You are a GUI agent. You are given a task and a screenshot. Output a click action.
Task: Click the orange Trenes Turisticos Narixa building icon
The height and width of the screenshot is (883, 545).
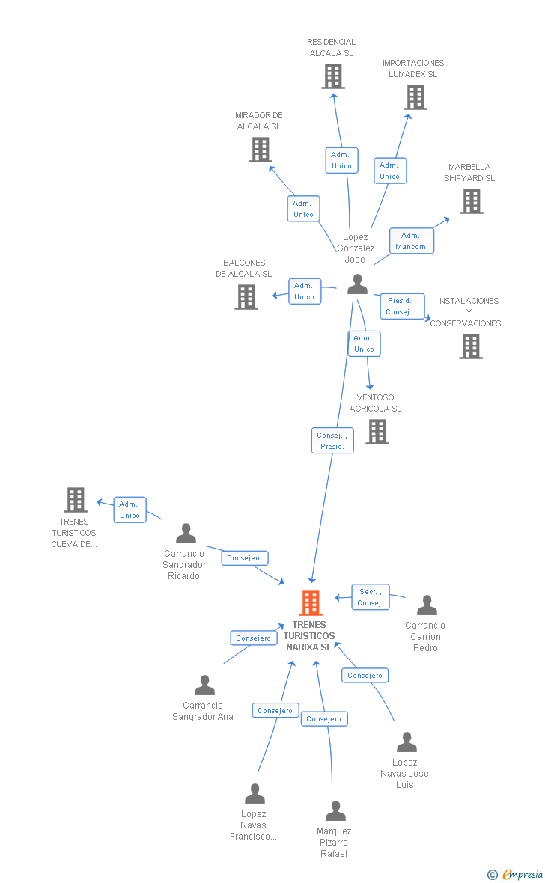[311, 602]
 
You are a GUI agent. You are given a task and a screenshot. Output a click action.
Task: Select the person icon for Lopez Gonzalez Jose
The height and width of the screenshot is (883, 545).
[357, 284]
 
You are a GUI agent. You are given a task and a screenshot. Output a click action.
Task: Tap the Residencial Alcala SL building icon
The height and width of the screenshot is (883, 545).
[332, 76]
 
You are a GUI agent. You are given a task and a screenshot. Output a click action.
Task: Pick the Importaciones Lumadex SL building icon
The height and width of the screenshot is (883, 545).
[415, 97]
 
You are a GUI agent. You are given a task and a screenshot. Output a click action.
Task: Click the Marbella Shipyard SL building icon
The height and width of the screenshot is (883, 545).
[471, 201]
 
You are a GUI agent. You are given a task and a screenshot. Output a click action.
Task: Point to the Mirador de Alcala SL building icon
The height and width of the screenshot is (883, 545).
[260, 150]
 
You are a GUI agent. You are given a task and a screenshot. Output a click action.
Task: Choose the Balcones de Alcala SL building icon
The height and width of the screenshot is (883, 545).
[246, 297]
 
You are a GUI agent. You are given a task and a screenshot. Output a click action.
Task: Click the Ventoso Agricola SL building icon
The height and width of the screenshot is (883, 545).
[377, 431]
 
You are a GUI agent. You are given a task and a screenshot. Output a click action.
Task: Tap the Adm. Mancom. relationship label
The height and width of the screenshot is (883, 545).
[411, 241]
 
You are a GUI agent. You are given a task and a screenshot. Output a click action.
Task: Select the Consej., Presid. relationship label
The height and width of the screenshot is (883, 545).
[332, 441]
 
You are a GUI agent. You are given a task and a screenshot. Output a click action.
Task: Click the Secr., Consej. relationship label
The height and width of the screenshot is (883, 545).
[371, 597]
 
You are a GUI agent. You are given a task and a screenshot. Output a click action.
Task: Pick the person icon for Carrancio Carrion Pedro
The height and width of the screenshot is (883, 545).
[427, 605]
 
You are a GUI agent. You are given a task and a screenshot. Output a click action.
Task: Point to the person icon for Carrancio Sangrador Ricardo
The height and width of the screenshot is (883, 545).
[186, 534]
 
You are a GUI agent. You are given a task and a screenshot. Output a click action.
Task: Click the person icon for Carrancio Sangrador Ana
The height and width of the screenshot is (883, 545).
[204, 685]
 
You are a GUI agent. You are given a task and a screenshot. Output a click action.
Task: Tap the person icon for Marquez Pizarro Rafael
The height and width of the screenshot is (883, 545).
[335, 811]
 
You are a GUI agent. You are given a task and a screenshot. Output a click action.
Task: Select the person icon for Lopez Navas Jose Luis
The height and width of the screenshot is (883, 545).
[407, 742]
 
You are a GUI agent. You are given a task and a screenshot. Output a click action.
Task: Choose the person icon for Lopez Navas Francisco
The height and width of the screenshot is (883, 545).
[255, 794]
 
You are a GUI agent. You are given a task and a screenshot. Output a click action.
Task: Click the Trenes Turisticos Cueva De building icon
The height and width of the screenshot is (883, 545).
[76, 499]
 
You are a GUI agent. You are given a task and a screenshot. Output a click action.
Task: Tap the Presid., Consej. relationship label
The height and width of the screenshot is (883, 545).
[402, 306]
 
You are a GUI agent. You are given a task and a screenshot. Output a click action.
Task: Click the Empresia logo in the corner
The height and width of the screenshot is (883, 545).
[516, 874]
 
